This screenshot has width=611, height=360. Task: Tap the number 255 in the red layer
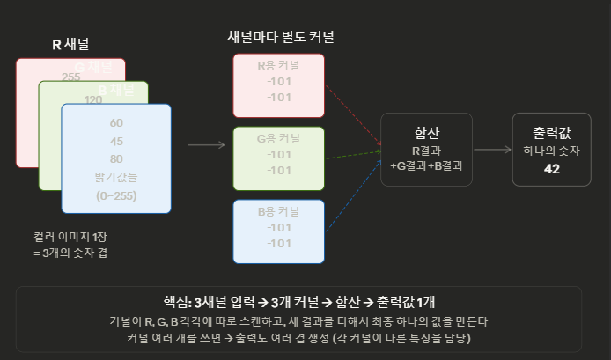tap(72, 77)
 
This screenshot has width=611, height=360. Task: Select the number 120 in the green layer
tap(93, 99)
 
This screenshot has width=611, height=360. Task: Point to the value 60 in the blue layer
tap(116, 121)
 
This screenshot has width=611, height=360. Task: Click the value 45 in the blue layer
tap(116, 140)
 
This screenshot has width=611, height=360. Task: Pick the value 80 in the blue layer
tap(116, 158)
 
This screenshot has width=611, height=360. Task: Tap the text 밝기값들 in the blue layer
tap(116, 177)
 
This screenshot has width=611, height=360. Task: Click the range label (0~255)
tap(116, 195)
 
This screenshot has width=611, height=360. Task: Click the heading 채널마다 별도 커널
tap(280, 37)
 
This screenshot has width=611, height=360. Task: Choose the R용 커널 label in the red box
tap(278, 66)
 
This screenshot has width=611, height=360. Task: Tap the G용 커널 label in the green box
tap(278, 139)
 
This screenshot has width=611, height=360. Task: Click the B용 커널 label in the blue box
tap(278, 212)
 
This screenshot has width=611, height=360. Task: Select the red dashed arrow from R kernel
tap(352, 114)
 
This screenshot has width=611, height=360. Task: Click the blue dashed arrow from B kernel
tap(352, 189)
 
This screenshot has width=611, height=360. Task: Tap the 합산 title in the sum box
tap(426, 132)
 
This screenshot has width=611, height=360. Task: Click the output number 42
tap(552, 168)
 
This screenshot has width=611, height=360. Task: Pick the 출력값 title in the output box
tap(552, 131)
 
